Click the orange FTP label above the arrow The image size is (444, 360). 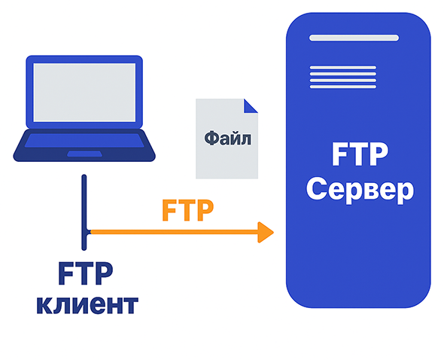coord(187,210)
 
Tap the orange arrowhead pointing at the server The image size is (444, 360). coord(266,233)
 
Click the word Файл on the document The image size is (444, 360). coord(228,139)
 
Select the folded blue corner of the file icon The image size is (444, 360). coord(251,106)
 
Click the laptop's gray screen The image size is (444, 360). coord(84,93)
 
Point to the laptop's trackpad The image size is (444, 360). coord(84,154)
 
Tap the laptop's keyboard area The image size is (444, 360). coord(84,140)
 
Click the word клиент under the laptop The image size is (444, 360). coord(87,305)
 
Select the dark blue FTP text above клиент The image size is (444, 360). coord(86,273)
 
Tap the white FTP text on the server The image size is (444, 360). coord(360,154)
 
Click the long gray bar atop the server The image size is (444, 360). coord(354,38)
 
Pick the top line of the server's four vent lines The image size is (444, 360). coord(343,68)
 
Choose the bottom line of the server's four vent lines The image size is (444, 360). coord(343,87)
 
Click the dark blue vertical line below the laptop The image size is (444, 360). coord(84,212)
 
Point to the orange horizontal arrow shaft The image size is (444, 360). coord(174,232)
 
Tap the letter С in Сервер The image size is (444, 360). coord(316,188)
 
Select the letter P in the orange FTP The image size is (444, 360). coord(205,210)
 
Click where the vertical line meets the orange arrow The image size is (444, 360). coord(87,232)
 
